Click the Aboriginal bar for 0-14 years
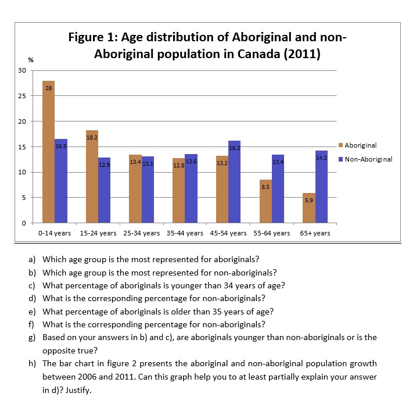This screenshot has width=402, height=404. (48, 152)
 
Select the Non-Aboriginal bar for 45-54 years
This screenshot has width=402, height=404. (234, 182)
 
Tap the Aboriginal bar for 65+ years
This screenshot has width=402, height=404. (309, 208)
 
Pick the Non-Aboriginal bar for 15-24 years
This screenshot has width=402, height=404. (104, 190)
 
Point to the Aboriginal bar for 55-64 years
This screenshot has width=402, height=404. (265, 201)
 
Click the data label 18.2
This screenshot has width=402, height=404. (92, 137)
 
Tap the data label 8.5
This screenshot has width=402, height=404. (265, 187)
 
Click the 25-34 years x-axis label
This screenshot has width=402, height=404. (142, 233)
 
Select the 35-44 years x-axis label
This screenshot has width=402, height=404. (185, 233)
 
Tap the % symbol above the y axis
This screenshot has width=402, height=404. (31, 60)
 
